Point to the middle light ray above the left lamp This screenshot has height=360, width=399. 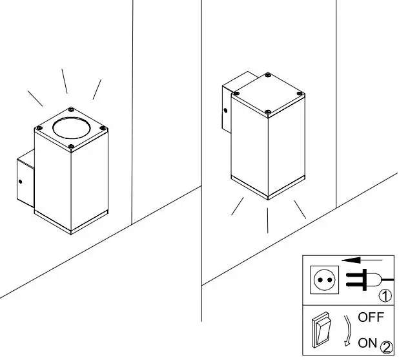(65, 81)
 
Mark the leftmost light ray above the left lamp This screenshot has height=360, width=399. (35, 98)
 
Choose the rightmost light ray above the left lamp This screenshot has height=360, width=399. (97, 90)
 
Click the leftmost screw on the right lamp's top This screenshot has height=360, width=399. (236, 94)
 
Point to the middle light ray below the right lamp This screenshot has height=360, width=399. (267, 220)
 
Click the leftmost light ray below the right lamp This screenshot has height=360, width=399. (238, 207)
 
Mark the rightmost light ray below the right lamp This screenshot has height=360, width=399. (299, 209)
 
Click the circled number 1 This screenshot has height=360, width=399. (385, 297)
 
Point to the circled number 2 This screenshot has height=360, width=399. (386, 347)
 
